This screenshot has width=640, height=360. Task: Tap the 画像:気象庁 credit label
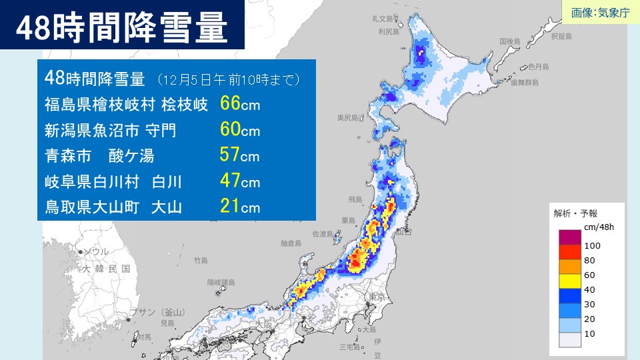tap(600, 13)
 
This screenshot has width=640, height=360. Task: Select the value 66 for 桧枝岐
tap(229, 105)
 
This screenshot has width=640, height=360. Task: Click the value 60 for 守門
tap(229, 130)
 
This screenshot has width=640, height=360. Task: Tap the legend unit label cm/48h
tap(597, 227)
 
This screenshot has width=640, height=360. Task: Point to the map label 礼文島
tap(384, 19)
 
